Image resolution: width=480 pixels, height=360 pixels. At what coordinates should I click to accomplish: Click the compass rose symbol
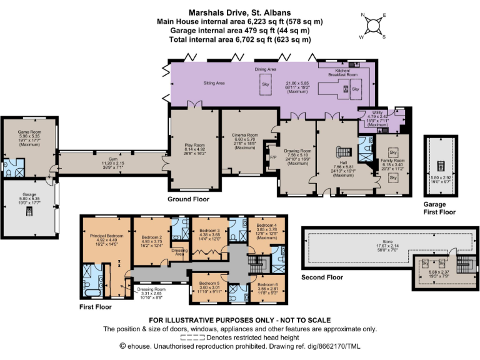tap(372, 26)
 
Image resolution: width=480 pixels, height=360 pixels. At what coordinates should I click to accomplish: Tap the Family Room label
tap(392, 161)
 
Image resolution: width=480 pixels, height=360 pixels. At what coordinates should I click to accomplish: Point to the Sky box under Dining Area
tap(266, 84)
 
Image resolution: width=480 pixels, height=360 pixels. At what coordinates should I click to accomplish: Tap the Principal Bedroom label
tap(105, 236)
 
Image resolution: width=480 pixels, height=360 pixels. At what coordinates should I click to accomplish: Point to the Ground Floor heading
tap(188, 199)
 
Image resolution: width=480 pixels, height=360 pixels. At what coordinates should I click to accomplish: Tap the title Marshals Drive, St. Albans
tap(240, 12)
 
